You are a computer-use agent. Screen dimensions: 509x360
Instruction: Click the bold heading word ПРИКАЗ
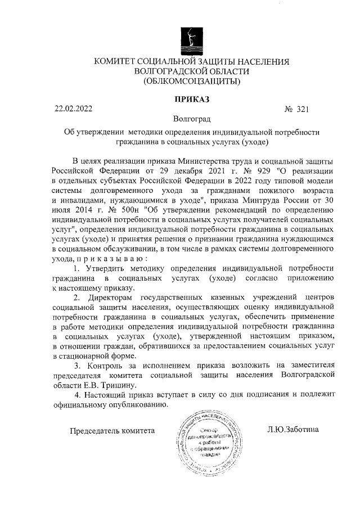pos(192,100)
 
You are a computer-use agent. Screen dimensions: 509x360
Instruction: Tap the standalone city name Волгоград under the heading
pos(192,119)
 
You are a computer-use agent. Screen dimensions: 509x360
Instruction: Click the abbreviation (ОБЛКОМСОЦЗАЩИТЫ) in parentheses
pos(192,82)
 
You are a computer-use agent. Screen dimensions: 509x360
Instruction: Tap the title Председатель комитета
pos(111,430)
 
